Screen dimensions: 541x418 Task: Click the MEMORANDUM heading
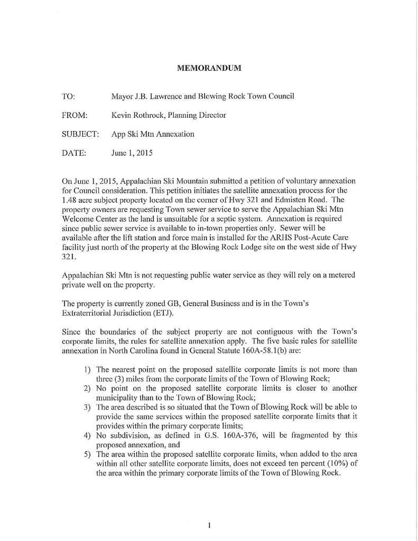coord(209,68)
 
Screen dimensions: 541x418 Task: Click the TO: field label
coord(69,97)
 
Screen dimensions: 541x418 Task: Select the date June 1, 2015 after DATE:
coord(132,153)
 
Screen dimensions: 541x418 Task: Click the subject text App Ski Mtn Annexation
coord(153,134)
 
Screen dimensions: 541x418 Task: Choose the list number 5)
coord(88,454)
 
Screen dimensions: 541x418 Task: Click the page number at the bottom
coord(209,525)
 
